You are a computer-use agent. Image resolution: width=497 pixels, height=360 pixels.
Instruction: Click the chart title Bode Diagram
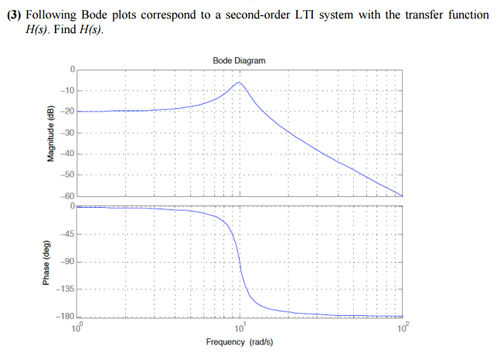tap(238, 60)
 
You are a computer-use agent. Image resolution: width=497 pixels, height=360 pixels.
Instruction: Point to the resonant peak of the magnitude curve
tap(240, 82)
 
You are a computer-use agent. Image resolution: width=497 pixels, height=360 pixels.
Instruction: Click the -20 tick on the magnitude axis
tap(67, 112)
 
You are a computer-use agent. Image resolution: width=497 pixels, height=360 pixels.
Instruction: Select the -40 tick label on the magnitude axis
tap(67, 154)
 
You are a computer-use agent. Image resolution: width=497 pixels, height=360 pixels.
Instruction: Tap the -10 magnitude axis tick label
tap(67, 91)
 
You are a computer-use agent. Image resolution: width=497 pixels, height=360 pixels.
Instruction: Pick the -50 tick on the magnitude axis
tap(67, 175)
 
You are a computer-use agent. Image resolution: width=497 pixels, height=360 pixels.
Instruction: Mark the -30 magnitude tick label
tap(67, 133)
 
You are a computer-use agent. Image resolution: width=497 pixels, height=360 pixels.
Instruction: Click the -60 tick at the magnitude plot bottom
tap(67, 196)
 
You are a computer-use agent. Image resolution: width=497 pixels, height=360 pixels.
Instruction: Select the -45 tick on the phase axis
tap(67, 235)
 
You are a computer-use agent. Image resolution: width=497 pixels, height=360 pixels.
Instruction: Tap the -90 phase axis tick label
tap(67, 262)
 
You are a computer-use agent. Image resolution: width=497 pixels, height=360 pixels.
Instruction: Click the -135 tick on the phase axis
tap(66, 289)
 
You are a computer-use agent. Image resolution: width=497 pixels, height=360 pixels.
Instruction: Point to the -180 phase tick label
tap(66, 316)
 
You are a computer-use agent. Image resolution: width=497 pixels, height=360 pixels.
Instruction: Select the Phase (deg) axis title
tap(49, 263)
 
